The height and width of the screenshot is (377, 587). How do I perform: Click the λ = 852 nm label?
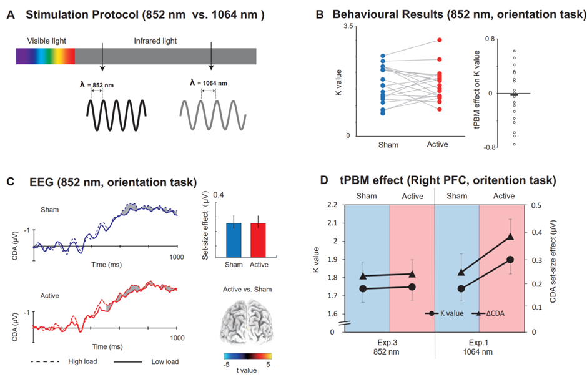pyautogui.click(x=96, y=84)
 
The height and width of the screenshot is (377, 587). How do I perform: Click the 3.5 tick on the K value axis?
pyautogui.click(x=348, y=26)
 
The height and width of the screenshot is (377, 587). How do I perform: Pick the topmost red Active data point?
pyautogui.click(x=439, y=40)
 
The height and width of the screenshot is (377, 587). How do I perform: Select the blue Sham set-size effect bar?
pyautogui.click(x=234, y=240)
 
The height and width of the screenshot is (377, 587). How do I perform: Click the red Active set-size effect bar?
pyautogui.click(x=257, y=240)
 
